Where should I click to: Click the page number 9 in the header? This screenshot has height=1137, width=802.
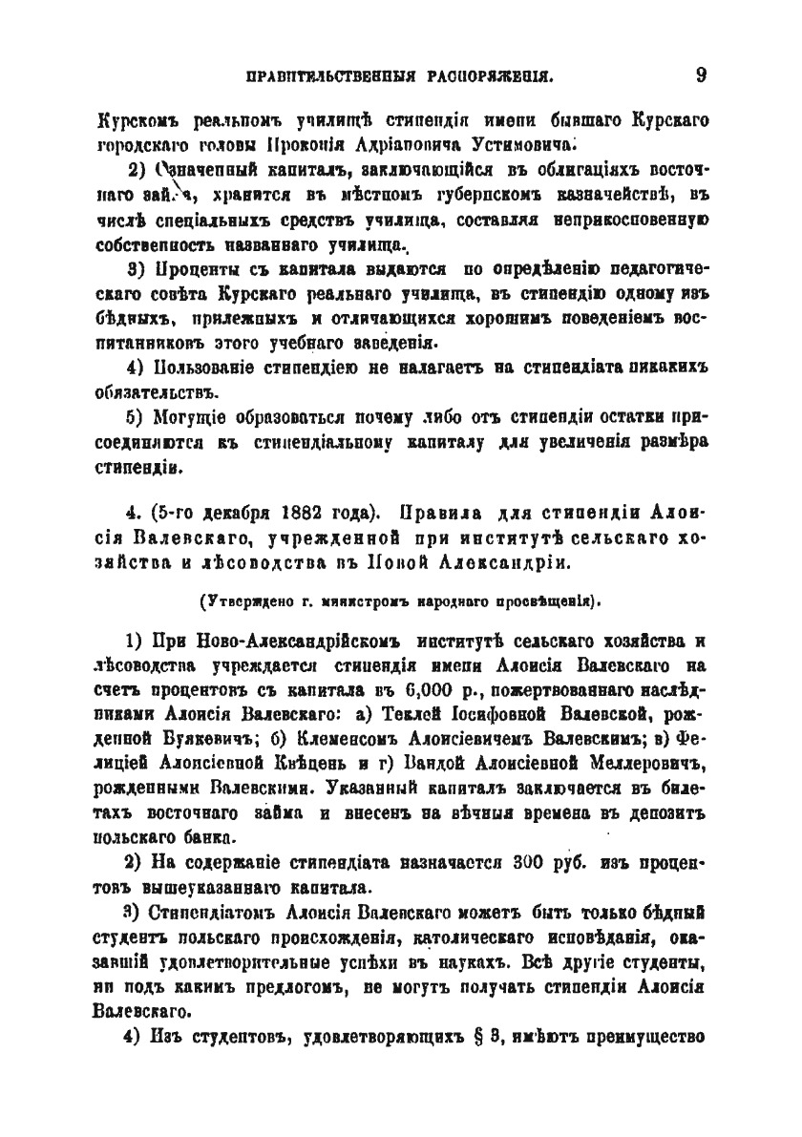pos(700,74)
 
